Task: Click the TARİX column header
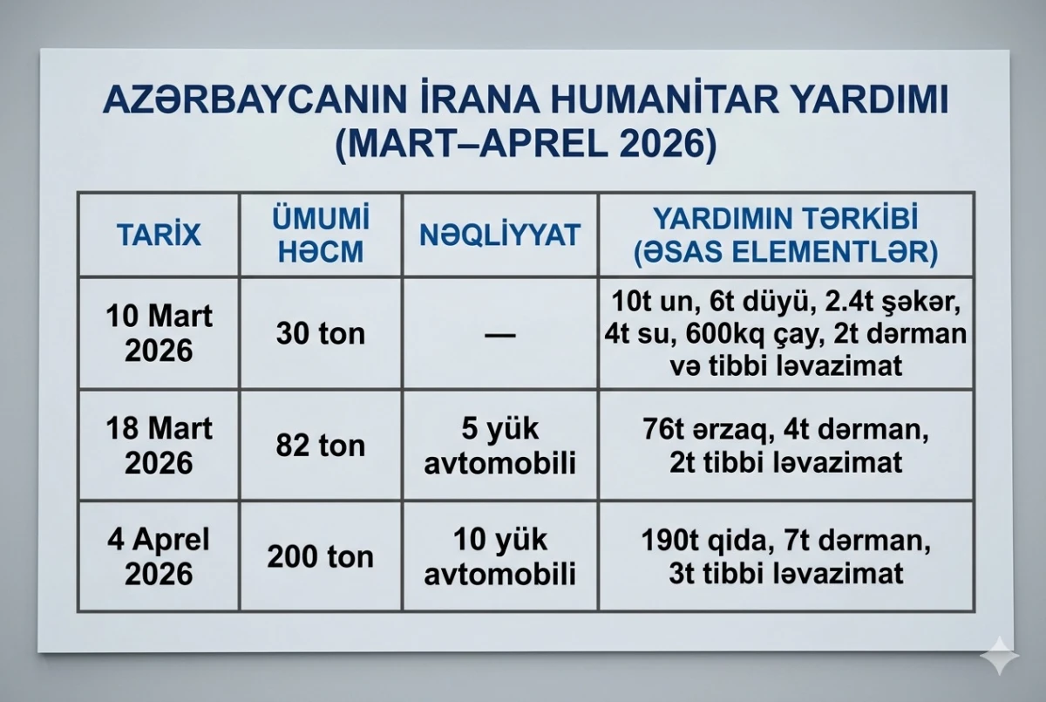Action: pyautogui.click(x=159, y=235)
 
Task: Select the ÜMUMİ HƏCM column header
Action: pyautogui.click(x=321, y=235)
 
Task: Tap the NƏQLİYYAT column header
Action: pyautogui.click(x=500, y=235)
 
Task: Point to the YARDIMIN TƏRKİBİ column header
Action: pyautogui.click(x=786, y=235)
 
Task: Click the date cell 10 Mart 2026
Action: pyautogui.click(x=159, y=333)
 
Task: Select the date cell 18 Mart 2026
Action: pyautogui.click(x=159, y=446)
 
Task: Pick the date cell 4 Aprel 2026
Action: pyautogui.click(x=159, y=556)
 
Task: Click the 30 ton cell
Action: pyautogui.click(x=321, y=334)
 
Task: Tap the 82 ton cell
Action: pyautogui.click(x=321, y=446)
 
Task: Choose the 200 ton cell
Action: pyautogui.click(x=321, y=556)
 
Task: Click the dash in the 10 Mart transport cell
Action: pyautogui.click(x=500, y=334)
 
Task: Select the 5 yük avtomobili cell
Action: pyautogui.click(x=500, y=446)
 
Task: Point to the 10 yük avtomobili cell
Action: pyautogui.click(x=500, y=556)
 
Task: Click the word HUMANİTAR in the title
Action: pyautogui.click(x=662, y=99)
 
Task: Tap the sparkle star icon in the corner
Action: pyautogui.click(x=1000, y=656)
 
